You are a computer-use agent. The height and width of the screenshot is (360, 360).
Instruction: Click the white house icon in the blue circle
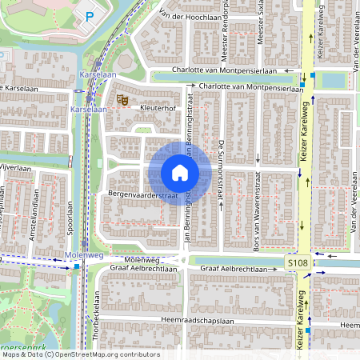[180, 173]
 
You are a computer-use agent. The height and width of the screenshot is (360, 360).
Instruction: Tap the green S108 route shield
[296, 262]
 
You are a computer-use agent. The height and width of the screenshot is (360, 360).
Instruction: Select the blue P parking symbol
[90, 16]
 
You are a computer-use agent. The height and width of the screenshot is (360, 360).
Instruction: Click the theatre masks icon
[122, 99]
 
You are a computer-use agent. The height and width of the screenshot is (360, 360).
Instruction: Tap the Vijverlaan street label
[14, 169]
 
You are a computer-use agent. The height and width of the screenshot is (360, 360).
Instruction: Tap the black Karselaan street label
[18, 88]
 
